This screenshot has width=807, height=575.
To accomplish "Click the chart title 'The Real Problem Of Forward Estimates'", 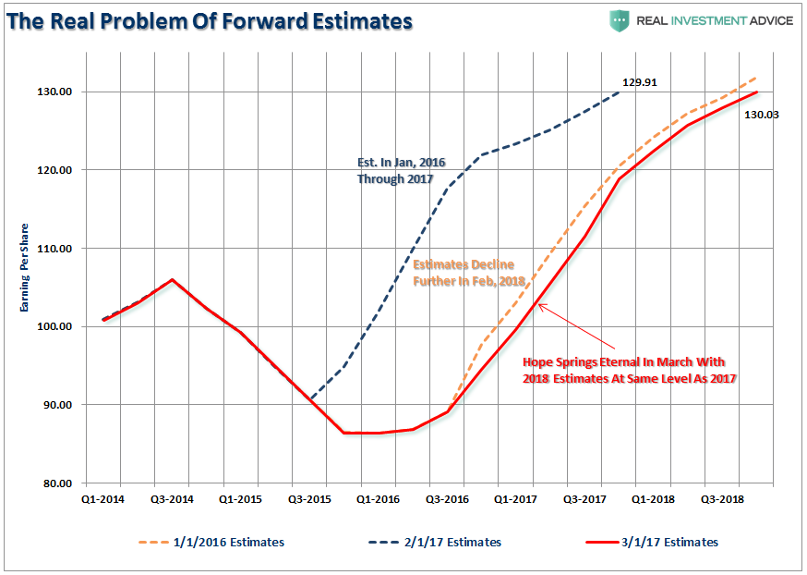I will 209,20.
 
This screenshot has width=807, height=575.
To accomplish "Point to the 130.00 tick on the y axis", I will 55,92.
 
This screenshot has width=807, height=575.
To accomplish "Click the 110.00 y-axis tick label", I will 55,249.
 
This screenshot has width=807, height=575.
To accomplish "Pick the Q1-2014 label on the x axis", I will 102,497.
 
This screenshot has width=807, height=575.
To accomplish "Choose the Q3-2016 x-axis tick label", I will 447,497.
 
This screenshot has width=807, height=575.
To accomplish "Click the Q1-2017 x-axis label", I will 516,497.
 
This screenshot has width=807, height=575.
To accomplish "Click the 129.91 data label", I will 640,82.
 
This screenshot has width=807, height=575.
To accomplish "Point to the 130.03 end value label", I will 763,115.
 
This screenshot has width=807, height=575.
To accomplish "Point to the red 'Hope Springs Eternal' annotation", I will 629,371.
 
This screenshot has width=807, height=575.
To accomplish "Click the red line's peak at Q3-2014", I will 172,279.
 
